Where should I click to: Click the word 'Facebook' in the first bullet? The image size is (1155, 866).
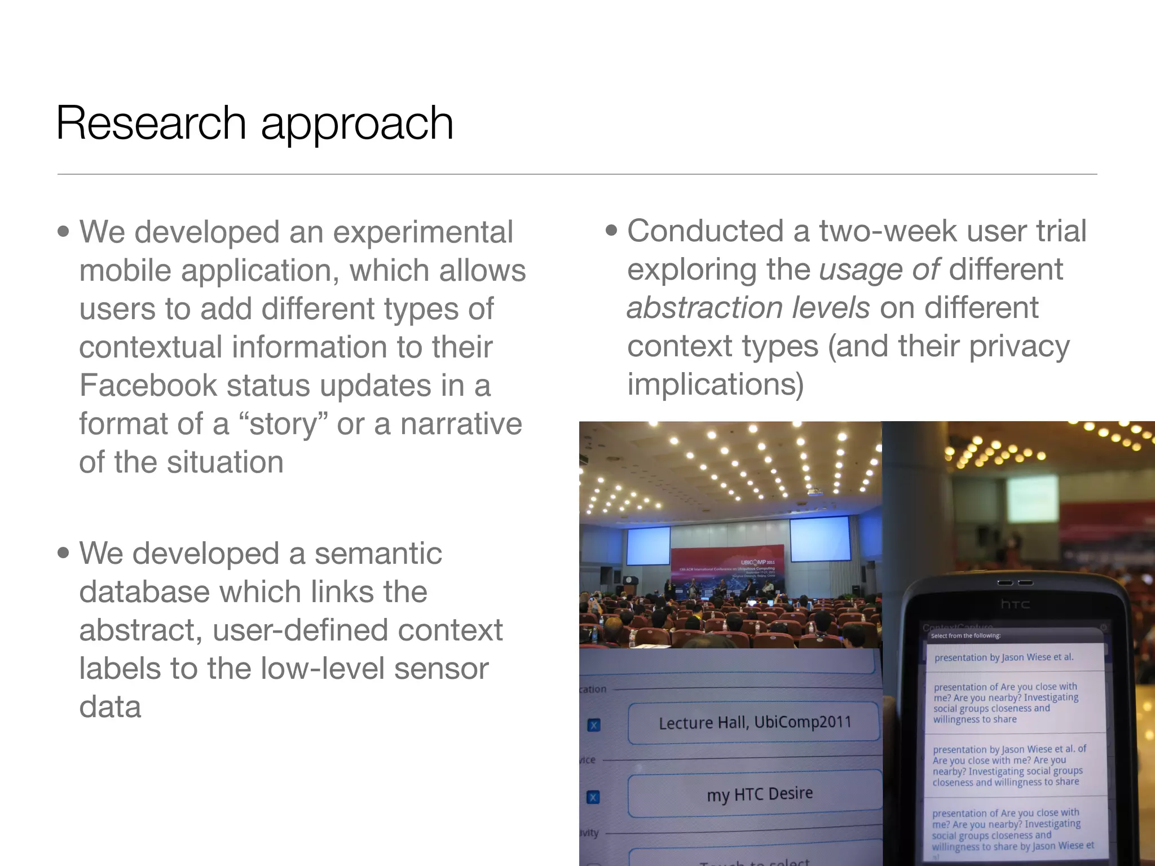[148, 386]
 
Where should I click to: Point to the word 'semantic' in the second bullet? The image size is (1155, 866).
[378, 553]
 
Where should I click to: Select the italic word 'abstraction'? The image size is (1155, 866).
[704, 308]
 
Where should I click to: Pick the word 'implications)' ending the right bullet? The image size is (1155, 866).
[715, 385]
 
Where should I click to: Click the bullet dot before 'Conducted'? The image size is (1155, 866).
[611, 231]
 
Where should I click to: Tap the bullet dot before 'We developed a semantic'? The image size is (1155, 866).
[64, 553]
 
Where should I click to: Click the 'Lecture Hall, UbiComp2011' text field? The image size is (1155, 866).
[754, 722]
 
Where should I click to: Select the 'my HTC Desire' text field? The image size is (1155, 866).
[759, 794]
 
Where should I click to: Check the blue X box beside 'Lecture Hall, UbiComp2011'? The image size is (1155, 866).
[594, 725]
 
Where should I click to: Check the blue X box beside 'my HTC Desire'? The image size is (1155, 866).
[593, 797]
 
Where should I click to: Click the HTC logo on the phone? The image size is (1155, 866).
[1015, 604]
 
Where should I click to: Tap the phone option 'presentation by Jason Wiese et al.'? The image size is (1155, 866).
[1004, 657]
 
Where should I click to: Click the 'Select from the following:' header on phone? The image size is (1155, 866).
[966, 635]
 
